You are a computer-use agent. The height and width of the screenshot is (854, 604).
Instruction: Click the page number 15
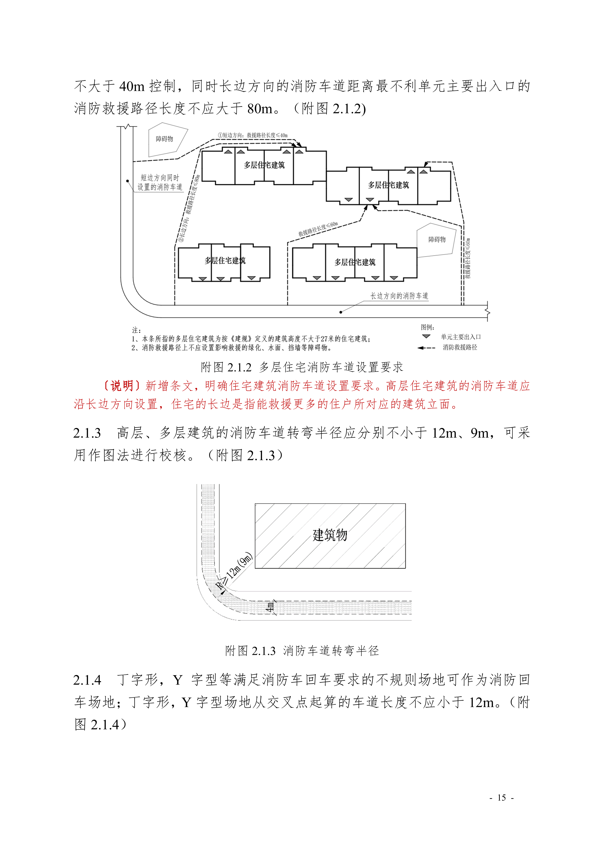[x=501, y=798]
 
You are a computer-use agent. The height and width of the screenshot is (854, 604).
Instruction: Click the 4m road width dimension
[x=270, y=607]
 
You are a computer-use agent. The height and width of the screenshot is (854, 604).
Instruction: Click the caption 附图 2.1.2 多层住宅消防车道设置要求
[x=302, y=367]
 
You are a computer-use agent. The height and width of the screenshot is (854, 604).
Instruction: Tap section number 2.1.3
[x=87, y=433]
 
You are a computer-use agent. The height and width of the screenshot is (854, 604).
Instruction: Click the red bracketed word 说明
[x=122, y=386]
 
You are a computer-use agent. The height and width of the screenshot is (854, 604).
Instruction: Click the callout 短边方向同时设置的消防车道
[x=160, y=182]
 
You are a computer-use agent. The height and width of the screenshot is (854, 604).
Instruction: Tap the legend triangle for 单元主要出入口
[x=426, y=337]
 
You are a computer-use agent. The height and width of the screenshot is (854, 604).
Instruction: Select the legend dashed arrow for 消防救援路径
[x=426, y=348]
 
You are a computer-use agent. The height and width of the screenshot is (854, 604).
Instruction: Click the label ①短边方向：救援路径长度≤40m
[x=253, y=135]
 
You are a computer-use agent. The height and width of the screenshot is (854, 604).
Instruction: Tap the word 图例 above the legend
[x=427, y=327]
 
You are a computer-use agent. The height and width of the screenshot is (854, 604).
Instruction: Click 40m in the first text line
[x=132, y=86]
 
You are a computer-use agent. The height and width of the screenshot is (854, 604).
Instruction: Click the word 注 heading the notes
[x=135, y=330]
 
